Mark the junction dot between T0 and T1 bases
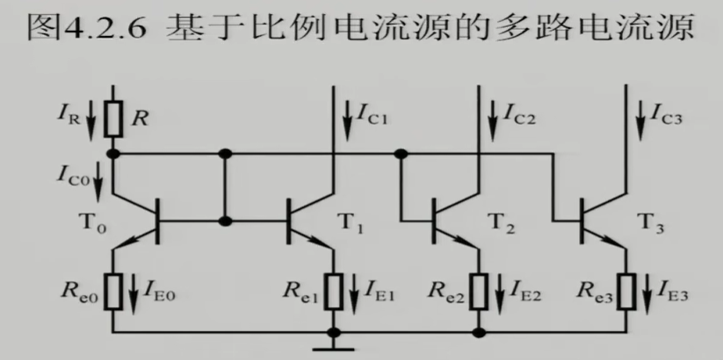(x=226, y=221)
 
